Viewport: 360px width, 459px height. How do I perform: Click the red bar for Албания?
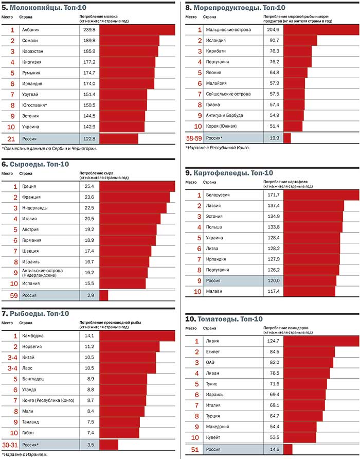click(137, 30)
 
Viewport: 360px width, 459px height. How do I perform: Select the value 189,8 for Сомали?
click(88, 41)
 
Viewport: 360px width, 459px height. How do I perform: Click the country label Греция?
click(29, 186)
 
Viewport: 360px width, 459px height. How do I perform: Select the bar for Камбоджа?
click(137, 336)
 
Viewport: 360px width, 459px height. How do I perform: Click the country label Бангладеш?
click(33, 379)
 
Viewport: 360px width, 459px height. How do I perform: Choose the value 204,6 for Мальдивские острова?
click(272, 30)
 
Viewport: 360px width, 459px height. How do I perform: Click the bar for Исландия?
click(300, 41)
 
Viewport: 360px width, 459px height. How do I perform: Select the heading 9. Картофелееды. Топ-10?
click(229, 173)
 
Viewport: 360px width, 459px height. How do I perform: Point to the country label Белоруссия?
click(218, 195)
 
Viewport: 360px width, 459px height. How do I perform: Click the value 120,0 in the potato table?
click(272, 281)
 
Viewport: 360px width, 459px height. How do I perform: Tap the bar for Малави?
click(309, 292)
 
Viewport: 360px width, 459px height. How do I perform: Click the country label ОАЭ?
click(211, 362)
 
